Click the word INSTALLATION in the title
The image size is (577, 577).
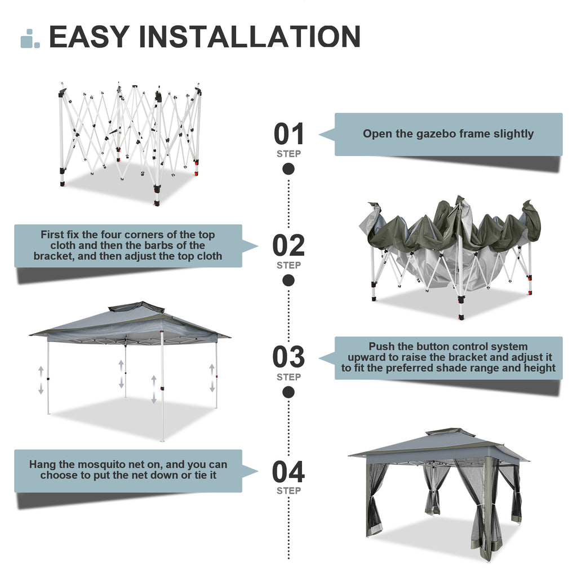click(x=249, y=37)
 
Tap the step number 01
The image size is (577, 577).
click(x=288, y=134)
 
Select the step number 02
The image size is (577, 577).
click(x=288, y=246)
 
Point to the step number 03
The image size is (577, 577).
click(x=288, y=357)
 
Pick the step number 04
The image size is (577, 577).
click(x=288, y=472)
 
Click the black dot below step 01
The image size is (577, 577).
click(x=288, y=168)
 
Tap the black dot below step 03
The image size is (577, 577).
click(x=288, y=392)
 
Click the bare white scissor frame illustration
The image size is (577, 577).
click(x=130, y=141)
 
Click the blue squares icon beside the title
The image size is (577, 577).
click(x=30, y=38)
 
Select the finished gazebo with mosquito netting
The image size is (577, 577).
click(x=438, y=490)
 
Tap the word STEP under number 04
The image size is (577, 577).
click(x=288, y=491)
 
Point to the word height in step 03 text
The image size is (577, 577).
click(x=538, y=368)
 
